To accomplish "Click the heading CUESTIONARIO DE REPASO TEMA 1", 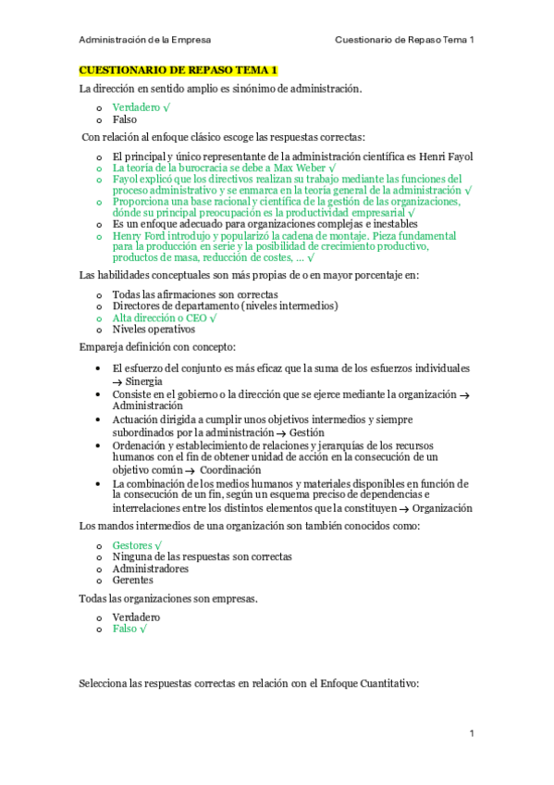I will click(x=178, y=70).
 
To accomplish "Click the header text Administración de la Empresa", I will click(x=144, y=40).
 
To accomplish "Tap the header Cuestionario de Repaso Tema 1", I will click(x=403, y=40).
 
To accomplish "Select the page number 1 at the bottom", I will click(x=472, y=734).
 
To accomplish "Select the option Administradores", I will click(x=151, y=568).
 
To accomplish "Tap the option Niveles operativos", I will click(x=154, y=330).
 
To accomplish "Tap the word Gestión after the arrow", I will click(x=305, y=431).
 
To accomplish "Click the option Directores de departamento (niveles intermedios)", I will click(x=225, y=306).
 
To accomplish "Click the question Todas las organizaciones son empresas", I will click(x=168, y=599).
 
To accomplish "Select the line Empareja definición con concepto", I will click(x=157, y=347).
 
